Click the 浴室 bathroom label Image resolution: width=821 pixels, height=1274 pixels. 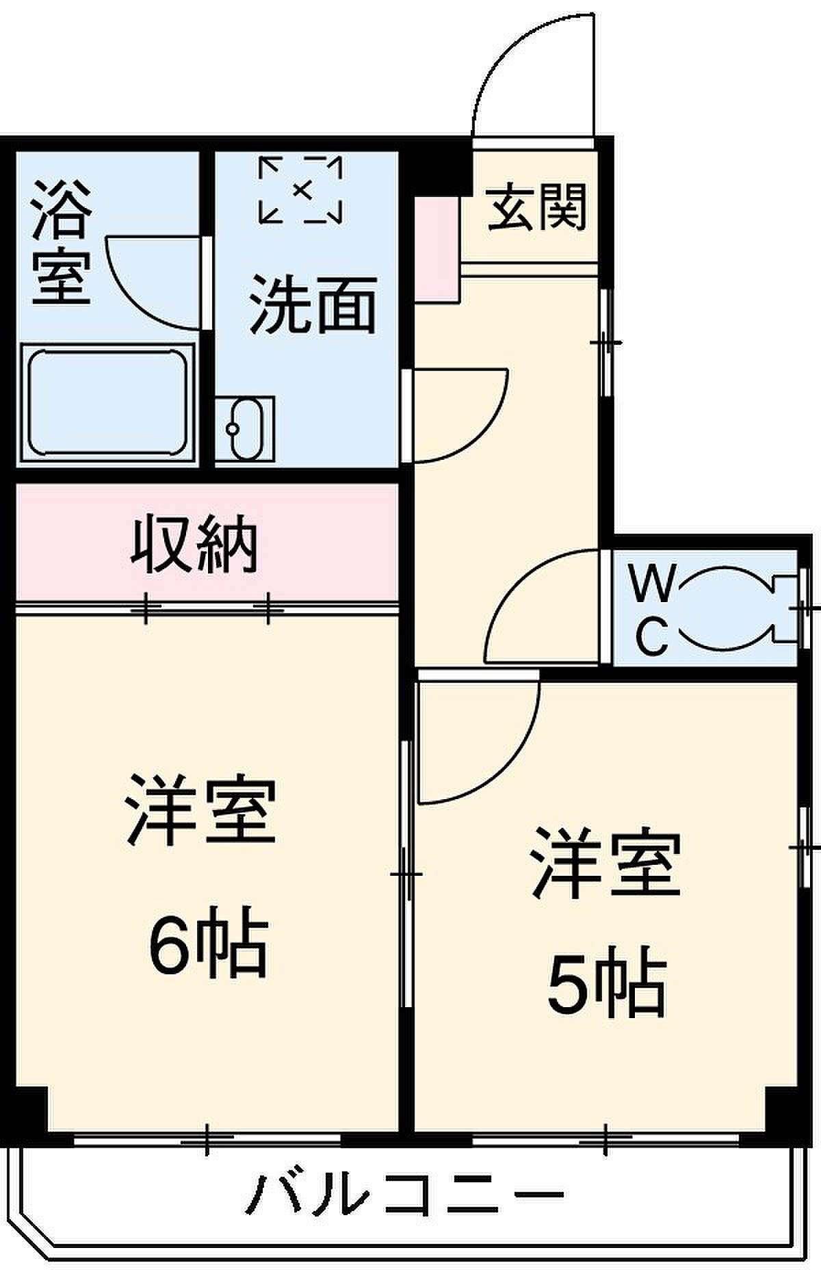point(62,242)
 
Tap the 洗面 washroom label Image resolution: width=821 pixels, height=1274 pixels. point(313,304)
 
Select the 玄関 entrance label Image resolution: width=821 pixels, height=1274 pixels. point(537,206)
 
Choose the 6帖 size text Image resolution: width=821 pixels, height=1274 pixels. point(207,941)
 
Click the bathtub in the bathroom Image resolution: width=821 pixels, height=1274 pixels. point(107,403)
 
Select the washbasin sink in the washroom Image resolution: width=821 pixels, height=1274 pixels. point(245,430)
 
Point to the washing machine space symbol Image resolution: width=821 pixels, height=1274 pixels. point(300,190)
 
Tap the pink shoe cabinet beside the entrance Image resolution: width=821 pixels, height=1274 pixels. point(436,248)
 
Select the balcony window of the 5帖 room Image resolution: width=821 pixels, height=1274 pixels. point(606,1140)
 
